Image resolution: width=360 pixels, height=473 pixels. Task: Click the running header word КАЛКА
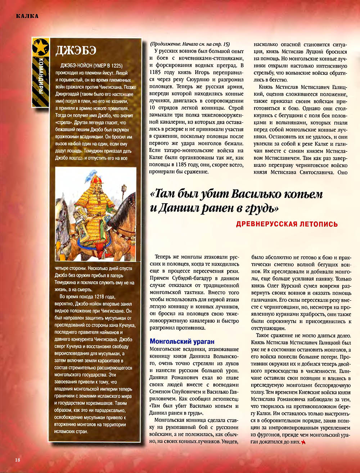(27, 15)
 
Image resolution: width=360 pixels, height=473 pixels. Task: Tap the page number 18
(18, 459)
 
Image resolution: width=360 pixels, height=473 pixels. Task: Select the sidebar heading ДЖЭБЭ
(76, 50)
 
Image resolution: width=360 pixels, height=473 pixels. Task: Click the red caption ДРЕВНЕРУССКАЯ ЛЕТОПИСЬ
(287, 224)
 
